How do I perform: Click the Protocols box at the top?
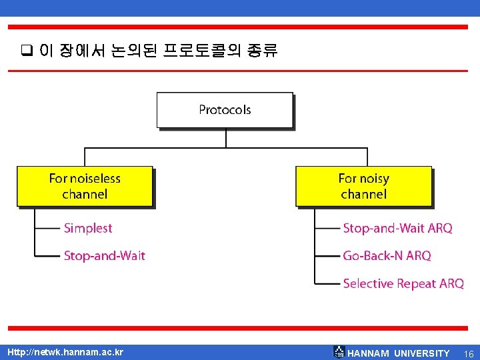pos(225,110)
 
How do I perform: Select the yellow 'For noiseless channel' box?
pos(85,186)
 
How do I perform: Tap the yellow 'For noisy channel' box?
pos(363,186)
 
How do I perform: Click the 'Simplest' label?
pos(88,228)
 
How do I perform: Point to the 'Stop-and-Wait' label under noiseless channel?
pos(104,255)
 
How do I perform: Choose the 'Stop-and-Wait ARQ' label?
pos(397,228)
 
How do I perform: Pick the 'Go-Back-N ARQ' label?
pos(387,255)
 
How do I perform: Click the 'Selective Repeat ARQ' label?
pos(403,283)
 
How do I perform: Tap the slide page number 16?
pos(468,353)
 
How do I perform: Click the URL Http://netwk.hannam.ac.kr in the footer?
pos(65,352)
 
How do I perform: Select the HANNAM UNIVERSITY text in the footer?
pos(399,353)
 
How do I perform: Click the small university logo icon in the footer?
pos(339,352)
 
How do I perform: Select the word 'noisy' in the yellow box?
pos(373,178)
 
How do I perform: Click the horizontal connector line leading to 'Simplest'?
pos(48,228)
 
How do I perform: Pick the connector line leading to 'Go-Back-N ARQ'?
pos(327,255)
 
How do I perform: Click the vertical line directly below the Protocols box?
pos(226,137)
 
